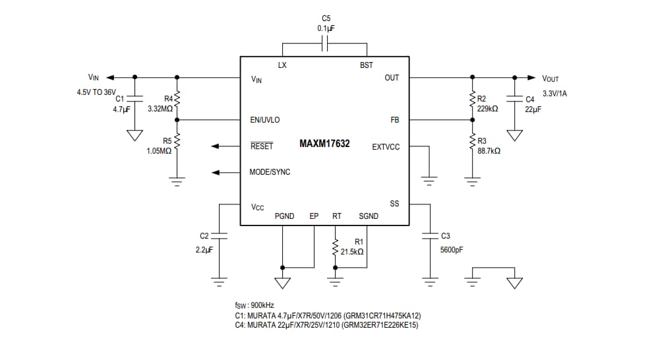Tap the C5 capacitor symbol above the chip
[324, 44]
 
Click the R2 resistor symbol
[472, 100]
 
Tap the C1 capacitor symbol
[135, 100]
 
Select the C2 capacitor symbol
[220, 235]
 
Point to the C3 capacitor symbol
[430, 235]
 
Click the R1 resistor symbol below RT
[336, 247]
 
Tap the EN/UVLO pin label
[265, 120]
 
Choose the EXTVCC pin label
[386, 146]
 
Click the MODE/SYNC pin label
[270, 172]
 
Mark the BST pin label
[366, 65]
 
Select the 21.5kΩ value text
[352, 251]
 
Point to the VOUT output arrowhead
[531, 78]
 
